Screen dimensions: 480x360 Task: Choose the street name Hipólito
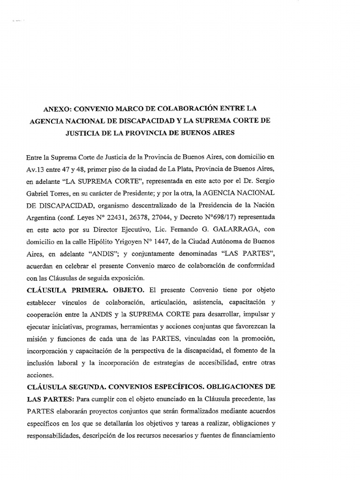96,242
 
